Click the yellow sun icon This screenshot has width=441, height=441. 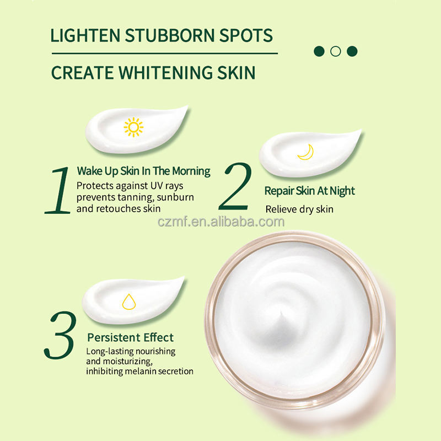coord(133,127)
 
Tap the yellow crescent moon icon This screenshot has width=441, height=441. coord(305,152)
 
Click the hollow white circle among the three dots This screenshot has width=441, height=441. coord(335,51)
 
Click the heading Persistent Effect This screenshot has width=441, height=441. coord(130,337)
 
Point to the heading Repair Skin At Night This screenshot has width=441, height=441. coord(309,191)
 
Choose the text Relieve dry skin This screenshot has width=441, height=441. coord(299,209)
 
